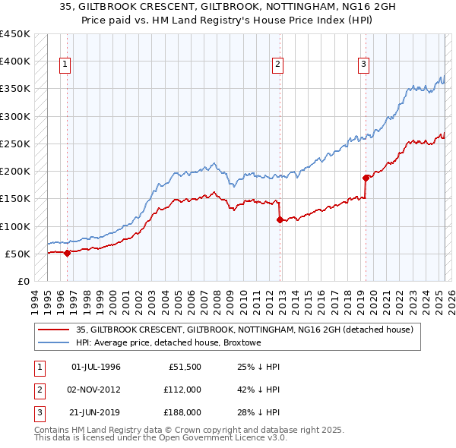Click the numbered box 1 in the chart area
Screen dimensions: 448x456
coord(66,65)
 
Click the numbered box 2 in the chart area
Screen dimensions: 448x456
coord(278,65)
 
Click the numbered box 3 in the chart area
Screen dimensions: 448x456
coord(364,65)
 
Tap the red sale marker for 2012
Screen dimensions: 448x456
coord(280,219)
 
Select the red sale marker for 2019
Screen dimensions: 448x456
coord(366,178)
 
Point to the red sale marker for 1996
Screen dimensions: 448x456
coord(67,253)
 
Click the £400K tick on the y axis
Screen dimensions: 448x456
coord(15,62)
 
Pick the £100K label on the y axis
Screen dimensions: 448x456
coord(15,226)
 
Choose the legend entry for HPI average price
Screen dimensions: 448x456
coord(168,343)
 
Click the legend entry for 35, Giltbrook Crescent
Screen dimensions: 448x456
coord(244,330)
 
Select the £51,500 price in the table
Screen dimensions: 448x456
coord(184,367)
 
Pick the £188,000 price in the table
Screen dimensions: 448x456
coord(182,412)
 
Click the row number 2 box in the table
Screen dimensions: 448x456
coord(37,390)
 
